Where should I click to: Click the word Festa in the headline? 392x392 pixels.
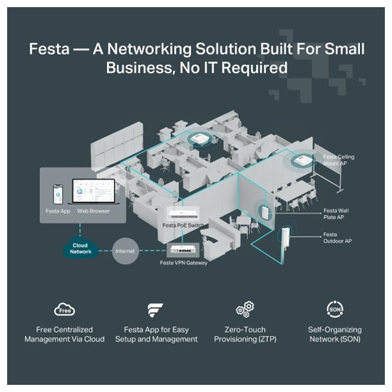point(49,48)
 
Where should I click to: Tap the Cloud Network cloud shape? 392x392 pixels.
point(81,248)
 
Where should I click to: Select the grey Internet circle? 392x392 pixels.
point(125,251)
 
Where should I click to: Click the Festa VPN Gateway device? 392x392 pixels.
point(182,249)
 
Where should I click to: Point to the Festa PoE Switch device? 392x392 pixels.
point(183,214)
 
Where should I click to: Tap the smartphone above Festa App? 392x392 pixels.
point(58,195)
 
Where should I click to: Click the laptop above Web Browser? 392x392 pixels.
point(93,191)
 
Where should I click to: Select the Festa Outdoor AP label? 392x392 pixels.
point(337,238)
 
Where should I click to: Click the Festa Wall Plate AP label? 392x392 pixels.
point(336,214)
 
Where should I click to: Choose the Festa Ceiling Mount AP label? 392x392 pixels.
point(339,160)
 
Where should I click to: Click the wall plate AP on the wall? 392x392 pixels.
point(264,212)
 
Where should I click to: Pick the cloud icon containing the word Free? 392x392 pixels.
point(64,309)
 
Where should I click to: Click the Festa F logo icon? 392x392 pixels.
point(155,310)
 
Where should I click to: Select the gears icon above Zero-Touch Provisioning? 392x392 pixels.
point(245,309)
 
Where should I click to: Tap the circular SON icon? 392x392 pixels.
point(335,309)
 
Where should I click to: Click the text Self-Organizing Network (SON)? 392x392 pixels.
point(335,334)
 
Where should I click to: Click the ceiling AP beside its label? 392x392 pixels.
point(302,160)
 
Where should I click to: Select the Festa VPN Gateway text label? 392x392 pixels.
point(183,263)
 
